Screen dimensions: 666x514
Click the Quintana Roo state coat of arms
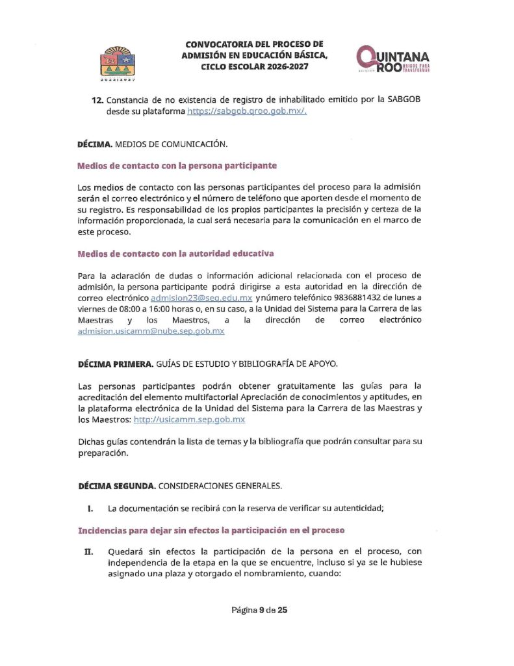[x=118, y=63]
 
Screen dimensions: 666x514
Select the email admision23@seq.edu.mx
[x=201, y=297]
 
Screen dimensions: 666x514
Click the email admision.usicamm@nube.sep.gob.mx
[x=151, y=330]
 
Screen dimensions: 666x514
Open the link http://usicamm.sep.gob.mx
[x=189, y=420]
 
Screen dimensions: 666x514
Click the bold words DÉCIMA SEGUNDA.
[x=116, y=486]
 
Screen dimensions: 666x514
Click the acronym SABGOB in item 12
[x=404, y=100]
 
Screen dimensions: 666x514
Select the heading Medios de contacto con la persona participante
[x=177, y=165]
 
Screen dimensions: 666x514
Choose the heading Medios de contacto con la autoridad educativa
[x=175, y=253]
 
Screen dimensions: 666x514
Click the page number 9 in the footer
[x=261, y=609]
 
